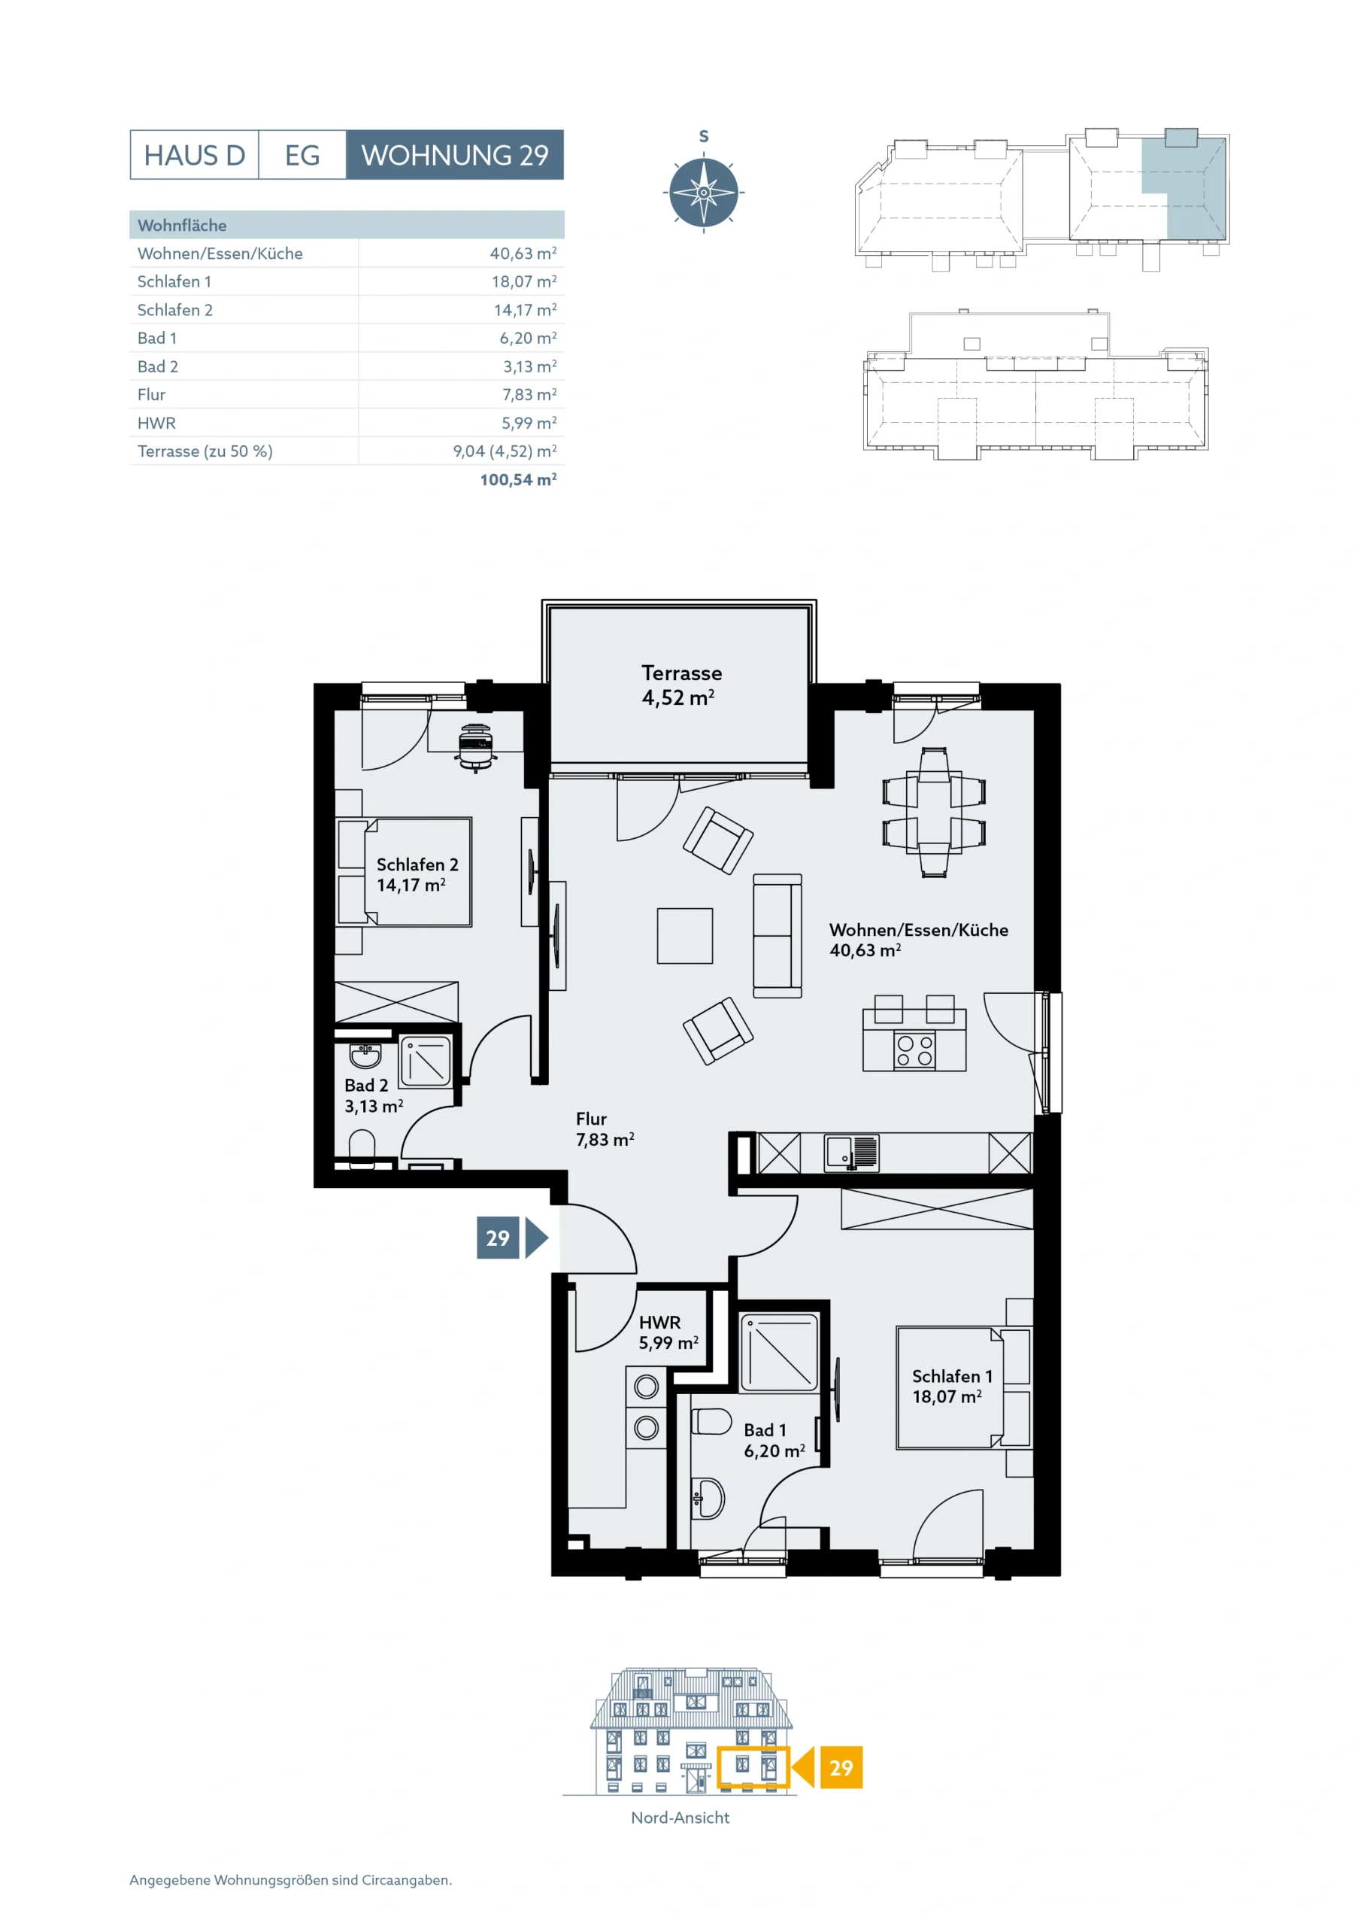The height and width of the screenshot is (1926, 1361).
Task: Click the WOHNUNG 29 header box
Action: tap(454, 155)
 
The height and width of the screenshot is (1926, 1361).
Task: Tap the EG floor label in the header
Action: tap(302, 155)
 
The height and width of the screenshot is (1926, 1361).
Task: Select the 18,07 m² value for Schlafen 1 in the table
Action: tap(524, 282)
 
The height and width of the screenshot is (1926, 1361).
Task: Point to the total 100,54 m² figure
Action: tap(518, 480)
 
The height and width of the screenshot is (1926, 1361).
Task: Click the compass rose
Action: tap(704, 192)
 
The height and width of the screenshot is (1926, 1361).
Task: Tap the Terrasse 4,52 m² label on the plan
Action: tap(681, 685)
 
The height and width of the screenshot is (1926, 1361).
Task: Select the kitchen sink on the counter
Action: tap(851, 1153)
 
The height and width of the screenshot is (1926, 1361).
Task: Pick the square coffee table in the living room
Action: tap(685, 935)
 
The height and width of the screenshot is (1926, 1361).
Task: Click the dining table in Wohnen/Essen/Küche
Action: tap(933, 812)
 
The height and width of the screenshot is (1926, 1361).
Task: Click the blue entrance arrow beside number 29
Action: tap(536, 1238)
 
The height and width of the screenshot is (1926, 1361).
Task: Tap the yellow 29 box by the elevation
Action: tap(841, 1768)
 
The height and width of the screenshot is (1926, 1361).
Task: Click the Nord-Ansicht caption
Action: tap(680, 1818)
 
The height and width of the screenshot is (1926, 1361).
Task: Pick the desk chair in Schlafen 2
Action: tap(475, 746)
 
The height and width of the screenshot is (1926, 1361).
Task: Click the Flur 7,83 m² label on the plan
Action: tap(605, 1129)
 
